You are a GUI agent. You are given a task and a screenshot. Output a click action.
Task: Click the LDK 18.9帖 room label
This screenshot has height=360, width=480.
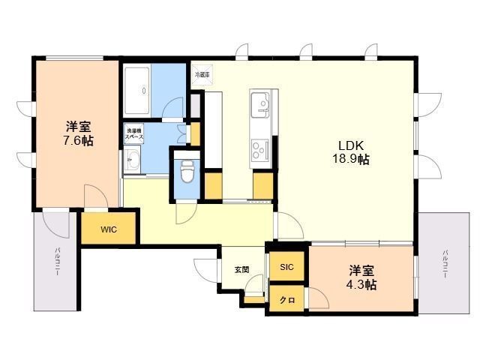coord(351,152)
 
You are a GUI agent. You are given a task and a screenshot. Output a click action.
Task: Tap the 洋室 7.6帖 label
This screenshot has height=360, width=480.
coord(78,133)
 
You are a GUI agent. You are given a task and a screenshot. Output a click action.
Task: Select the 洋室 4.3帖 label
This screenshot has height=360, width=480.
coord(361,277)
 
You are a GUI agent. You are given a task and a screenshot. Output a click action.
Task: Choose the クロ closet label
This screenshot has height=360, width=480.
coord(286,300)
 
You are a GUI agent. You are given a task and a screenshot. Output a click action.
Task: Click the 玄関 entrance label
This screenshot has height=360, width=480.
coord(241,270)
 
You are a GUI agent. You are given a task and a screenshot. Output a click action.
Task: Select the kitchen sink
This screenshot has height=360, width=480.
coord(260,101)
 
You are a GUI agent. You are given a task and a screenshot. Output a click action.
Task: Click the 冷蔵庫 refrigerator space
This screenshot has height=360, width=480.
coord(202,75)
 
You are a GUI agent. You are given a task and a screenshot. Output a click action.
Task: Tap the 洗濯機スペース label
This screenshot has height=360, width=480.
coord(135,135)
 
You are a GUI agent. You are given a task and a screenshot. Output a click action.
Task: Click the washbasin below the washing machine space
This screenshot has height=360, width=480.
coord(132,159)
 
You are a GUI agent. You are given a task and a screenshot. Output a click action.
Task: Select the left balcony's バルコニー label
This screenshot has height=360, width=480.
coord(56,262)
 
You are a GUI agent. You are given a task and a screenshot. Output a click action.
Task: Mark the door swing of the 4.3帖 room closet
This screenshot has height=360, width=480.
coord(319,298)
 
